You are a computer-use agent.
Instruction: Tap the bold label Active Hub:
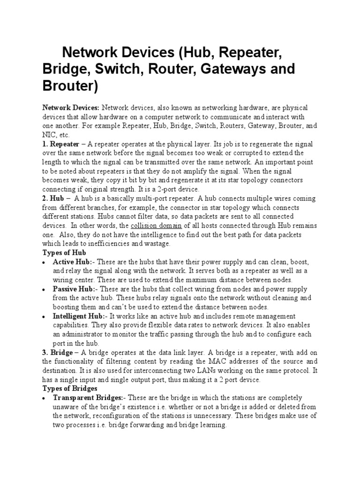point(73,261)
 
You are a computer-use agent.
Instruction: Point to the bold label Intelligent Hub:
point(79,316)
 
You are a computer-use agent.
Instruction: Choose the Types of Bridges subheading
point(70,388)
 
